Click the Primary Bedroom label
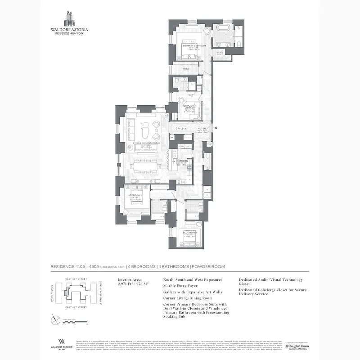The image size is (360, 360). pos(194,46)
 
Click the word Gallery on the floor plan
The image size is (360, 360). pos(181,129)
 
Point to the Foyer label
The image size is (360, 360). pos(202,129)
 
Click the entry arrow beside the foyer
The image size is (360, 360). pos(216,129)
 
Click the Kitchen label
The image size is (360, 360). pos(182,161)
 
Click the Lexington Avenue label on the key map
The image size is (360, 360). pos(101,292)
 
